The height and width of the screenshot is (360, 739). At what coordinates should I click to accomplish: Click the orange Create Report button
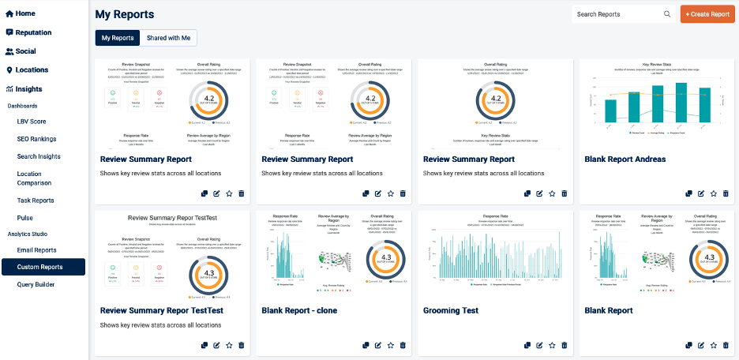pyautogui.click(x=707, y=14)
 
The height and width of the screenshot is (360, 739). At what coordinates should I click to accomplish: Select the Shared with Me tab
pyautogui.click(x=168, y=38)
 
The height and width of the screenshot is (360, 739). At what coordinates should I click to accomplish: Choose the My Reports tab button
pyautogui.click(x=118, y=38)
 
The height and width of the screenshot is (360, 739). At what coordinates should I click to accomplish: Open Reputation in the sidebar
pyautogui.click(x=33, y=32)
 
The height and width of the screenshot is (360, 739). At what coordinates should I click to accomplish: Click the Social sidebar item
pyautogui.click(x=25, y=51)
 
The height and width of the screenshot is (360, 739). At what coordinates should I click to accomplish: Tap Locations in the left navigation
pyautogui.click(x=32, y=70)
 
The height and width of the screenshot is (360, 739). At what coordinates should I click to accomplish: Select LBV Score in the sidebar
pyautogui.click(x=32, y=122)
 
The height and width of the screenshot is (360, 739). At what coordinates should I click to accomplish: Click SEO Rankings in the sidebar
pyautogui.click(x=37, y=140)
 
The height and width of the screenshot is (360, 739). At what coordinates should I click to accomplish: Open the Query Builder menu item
pyautogui.click(x=36, y=284)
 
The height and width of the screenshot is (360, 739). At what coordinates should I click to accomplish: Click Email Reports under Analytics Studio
pyautogui.click(x=36, y=250)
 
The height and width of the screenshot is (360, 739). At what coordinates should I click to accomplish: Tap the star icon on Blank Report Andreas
pyautogui.click(x=713, y=193)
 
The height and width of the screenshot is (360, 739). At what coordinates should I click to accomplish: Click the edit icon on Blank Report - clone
pyautogui.click(x=377, y=345)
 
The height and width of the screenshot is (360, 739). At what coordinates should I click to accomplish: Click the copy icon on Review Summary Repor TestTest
pyautogui.click(x=204, y=345)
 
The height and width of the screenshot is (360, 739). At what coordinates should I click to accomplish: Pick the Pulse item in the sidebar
pyautogui.click(x=25, y=217)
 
